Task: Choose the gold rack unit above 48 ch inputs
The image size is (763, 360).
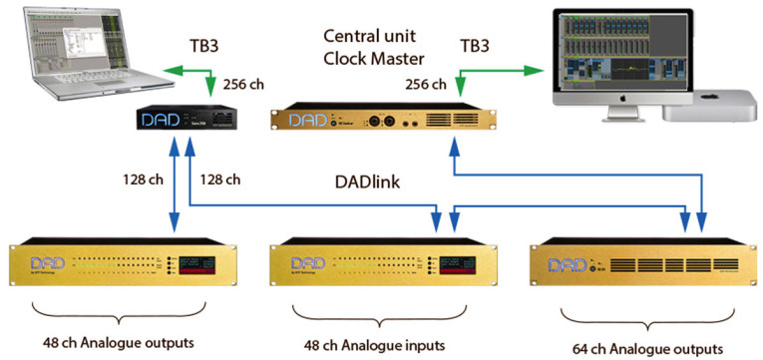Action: (x=377, y=265)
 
